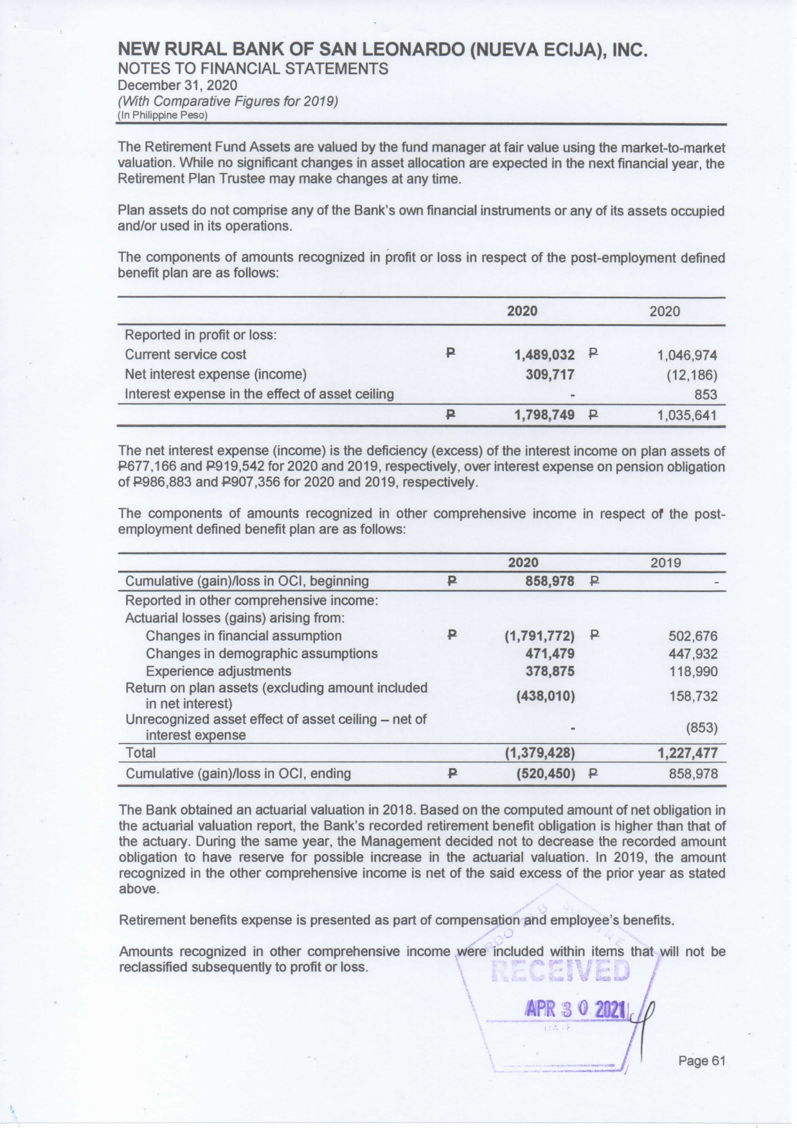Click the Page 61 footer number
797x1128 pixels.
click(x=701, y=1061)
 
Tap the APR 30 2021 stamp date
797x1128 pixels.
click(x=575, y=1009)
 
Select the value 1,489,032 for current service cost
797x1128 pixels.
click(x=544, y=355)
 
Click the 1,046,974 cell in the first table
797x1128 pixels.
click(x=686, y=355)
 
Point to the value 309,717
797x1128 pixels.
click(x=550, y=374)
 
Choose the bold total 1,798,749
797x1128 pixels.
click(x=544, y=415)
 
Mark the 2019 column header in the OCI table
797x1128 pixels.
click(x=665, y=564)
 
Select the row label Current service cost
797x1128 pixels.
click(x=185, y=355)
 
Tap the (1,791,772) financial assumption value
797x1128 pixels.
click(x=539, y=636)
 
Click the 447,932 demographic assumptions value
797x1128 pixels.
click(x=693, y=654)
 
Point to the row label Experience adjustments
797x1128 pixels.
click(x=219, y=672)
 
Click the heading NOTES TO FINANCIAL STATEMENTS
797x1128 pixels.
click(x=253, y=69)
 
